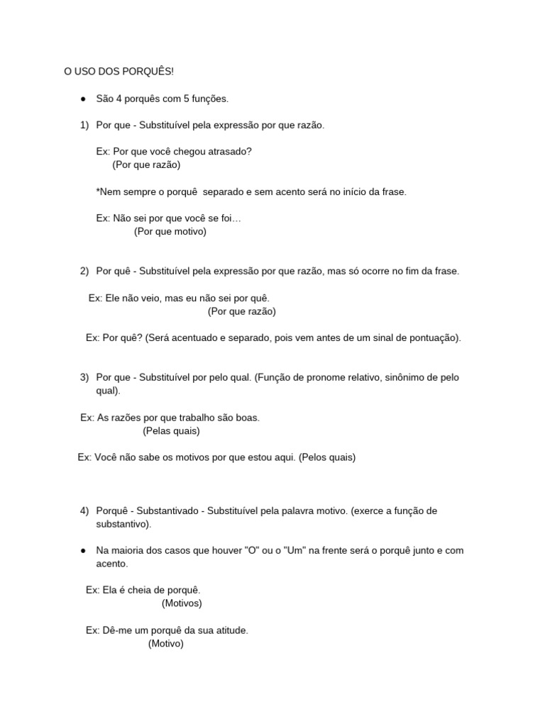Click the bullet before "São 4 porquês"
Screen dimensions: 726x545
click(x=83, y=99)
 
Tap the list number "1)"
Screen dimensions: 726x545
click(x=84, y=125)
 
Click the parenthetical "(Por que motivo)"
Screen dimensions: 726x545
click(x=170, y=231)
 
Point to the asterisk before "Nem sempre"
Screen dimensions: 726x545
click(x=98, y=192)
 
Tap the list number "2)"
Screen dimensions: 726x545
click(x=84, y=271)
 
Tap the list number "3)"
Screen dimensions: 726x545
click(x=84, y=377)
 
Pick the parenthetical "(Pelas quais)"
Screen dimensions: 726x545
click(x=171, y=430)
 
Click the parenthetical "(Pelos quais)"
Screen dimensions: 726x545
click(x=327, y=457)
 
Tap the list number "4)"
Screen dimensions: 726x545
click(x=84, y=510)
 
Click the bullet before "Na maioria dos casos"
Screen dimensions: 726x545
click(x=83, y=550)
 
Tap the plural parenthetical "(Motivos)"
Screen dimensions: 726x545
click(x=182, y=603)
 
